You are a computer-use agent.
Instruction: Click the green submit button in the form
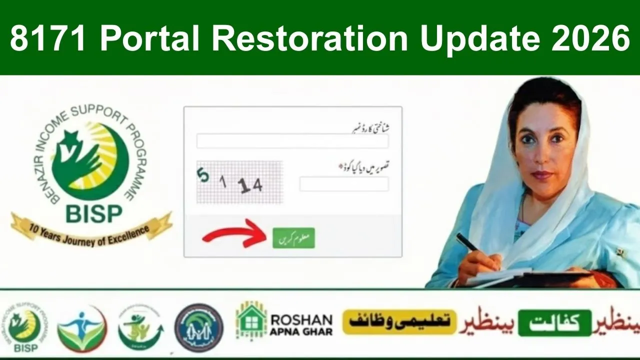pyautogui.click(x=293, y=237)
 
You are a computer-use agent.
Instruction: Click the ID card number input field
pyautogui.click(x=292, y=141)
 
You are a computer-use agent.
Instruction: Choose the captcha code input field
pyautogui.click(x=344, y=184)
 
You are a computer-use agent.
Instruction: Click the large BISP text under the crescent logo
pyautogui.click(x=93, y=214)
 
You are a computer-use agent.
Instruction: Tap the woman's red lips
pyautogui.click(x=541, y=175)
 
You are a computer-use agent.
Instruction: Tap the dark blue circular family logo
pyautogui.click(x=198, y=327)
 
